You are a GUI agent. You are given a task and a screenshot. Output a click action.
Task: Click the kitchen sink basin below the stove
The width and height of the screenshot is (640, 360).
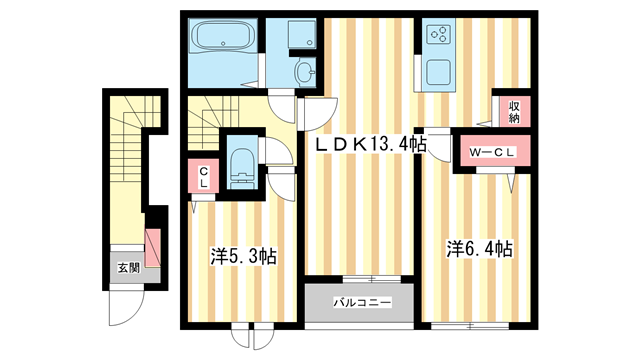click(x=438, y=72)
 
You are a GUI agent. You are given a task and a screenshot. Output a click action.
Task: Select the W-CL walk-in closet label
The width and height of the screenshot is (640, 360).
click(x=492, y=153)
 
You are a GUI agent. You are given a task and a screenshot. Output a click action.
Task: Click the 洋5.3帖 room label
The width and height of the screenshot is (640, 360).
click(x=243, y=256)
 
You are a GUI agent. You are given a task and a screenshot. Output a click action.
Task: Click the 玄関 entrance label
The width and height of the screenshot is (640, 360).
click(x=127, y=267)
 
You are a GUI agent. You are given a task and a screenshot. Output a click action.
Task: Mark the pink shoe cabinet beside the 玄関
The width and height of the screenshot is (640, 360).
click(x=153, y=245)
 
